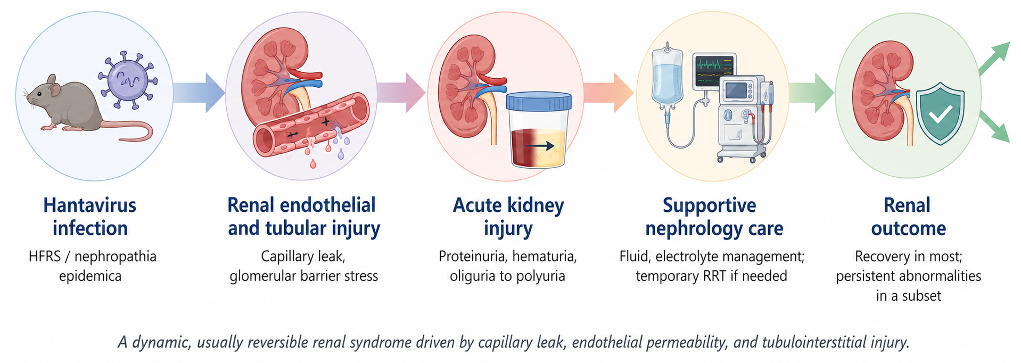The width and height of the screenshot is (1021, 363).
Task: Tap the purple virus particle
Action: coord(128,80)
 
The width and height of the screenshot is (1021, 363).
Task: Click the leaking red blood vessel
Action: coord(311,125)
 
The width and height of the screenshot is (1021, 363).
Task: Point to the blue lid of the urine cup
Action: coord(539,101)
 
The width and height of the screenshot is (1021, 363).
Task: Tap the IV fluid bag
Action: coord(667,75)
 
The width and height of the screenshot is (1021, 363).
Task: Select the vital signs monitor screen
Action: coord(714,71)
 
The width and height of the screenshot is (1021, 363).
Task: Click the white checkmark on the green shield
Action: coord(940,113)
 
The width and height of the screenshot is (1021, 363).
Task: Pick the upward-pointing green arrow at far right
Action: coord(994,58)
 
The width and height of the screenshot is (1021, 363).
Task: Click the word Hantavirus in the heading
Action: coord(90,205)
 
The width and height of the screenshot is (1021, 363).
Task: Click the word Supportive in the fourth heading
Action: coord(709,206)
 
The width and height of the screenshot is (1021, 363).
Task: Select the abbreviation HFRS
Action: coord(45,257)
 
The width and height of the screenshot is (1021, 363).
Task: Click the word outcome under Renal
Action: coord(908,229)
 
